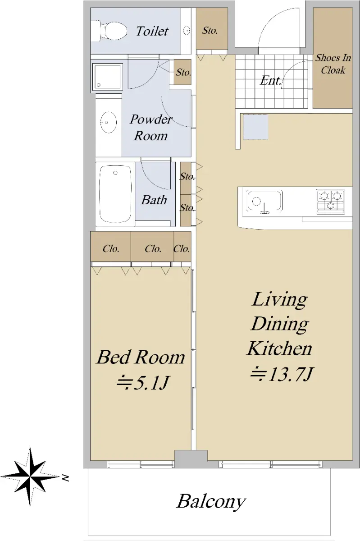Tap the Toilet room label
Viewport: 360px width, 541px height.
pos(152,31)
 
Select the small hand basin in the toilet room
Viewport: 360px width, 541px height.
pos(187,31)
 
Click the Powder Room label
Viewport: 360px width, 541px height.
pos(150,127)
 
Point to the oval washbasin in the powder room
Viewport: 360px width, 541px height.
pos(108,122)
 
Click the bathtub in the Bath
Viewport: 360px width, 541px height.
pos(115,194)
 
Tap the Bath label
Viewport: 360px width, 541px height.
pos(154,200)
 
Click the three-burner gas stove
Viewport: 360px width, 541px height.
pos(331,202)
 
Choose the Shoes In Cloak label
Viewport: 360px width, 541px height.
pos(333,64)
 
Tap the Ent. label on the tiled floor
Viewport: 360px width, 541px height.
pos(271,80)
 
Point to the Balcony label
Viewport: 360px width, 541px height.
pos(211,502)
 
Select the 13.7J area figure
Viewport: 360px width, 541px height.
pos(282,374)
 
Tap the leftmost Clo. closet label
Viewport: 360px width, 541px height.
pos(111,248)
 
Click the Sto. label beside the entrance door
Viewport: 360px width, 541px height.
pos(210,31)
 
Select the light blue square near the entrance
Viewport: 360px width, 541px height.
pos(255,127)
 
